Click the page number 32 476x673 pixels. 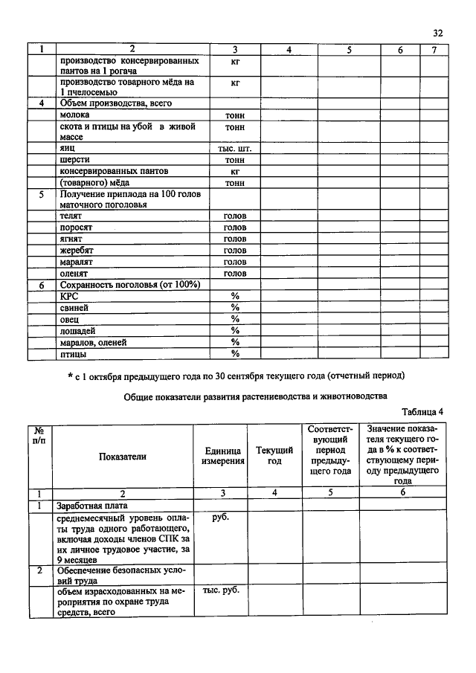click(437, 33)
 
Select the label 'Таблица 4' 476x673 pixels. click(422, 412)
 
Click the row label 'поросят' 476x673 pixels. click(77, 227)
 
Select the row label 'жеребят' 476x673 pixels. click(78, 251)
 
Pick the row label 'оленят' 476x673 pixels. click(75, 273)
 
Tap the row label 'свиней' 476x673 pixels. click(74, 307)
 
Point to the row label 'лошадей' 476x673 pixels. click(78, 330)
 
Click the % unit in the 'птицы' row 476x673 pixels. click(235, 353)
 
